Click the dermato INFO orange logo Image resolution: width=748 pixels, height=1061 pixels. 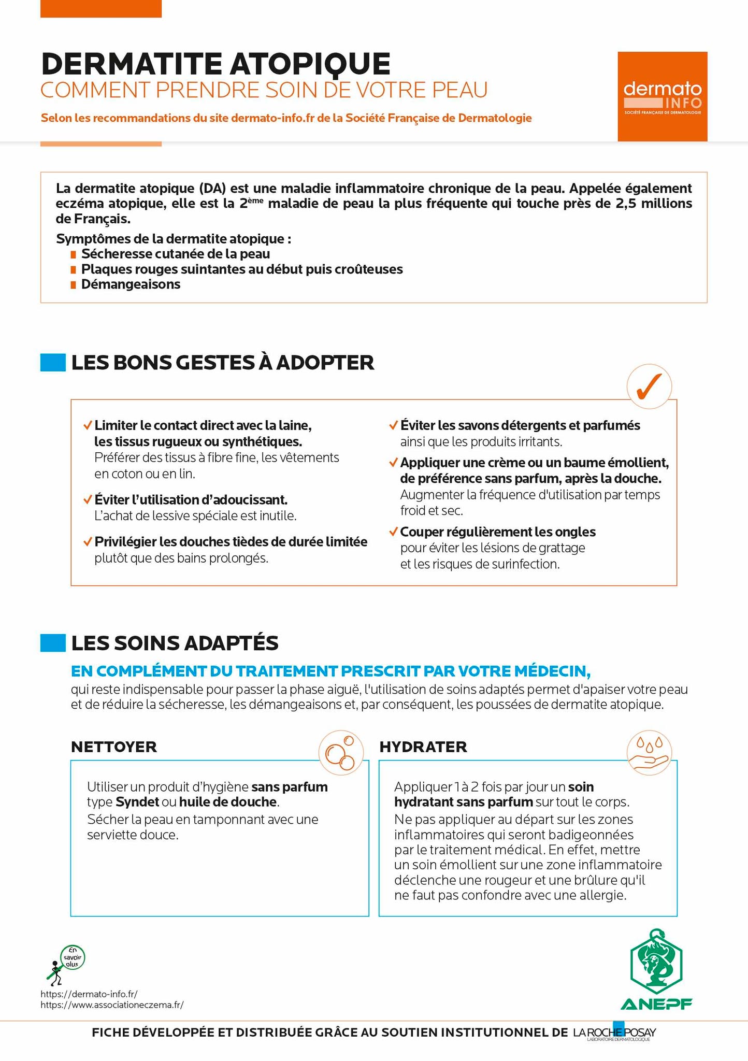(x=662, y=96)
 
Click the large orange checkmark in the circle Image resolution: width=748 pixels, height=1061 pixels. (x=649, y=386)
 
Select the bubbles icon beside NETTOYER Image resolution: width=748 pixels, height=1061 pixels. (x=340, y=752)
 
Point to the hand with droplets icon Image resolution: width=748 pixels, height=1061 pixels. (x=649, y=752)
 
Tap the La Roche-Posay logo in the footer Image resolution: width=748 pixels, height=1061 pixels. (x=614, y=1033)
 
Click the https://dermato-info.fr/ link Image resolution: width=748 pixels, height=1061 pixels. (x=89, y=994)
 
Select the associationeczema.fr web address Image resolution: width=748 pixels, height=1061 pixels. (x=112, y=1005)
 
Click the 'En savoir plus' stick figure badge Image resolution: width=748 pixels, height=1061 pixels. (x=66, y=965)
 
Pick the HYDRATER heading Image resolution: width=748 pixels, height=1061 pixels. (x=423, y=747)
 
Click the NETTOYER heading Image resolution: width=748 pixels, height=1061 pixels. (x=114, y=747)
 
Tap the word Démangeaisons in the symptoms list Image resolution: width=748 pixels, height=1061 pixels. (x=131, y=284)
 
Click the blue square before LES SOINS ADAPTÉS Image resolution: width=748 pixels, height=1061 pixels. (x=53, y=642)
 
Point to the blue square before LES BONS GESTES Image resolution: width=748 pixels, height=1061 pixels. (x=53, y=362)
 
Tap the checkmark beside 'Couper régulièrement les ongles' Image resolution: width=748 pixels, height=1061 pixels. (x=393, y=532)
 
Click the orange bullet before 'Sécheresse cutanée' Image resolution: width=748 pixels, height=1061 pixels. (x=73, y=254)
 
